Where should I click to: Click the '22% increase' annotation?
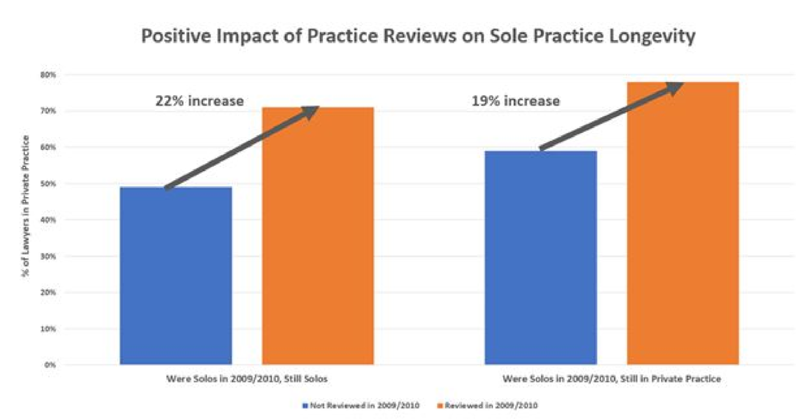[x=199, y=101]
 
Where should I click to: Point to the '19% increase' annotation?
[x=515, y=101]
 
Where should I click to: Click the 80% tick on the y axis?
[x=48, y=75]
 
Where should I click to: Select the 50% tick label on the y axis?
[x=48, y=184]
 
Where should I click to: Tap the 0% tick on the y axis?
[x=50, y=365]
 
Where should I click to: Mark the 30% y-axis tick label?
[x=48, y=256]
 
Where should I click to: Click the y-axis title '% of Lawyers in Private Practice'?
[x=25, y=206]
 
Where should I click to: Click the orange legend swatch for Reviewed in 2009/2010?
[x=440, y=406]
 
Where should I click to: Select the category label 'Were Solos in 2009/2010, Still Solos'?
[x=247, y=379]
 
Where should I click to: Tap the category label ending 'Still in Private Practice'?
[x=611, y=379]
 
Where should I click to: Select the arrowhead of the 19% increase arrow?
[x=675, y=88]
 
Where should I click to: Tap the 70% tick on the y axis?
[x=48, y=111]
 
